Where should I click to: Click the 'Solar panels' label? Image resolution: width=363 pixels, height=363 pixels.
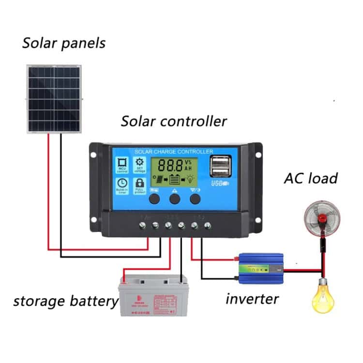(x=63, y=43)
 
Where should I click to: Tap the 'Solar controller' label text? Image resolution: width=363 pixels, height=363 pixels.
(x=173, y=121)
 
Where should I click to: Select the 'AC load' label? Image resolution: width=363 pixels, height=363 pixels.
(x=310, y=178)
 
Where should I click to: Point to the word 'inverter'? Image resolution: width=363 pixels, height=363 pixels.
(x=252, y=298)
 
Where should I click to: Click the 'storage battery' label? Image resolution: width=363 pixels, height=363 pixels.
(x=66, y=301)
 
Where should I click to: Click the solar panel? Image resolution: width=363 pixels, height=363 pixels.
(x=54, y=99)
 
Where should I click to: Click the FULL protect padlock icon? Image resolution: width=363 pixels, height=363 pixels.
(x=139, y=185)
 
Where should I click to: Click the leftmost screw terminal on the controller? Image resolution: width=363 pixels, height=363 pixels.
(x=143, y=225)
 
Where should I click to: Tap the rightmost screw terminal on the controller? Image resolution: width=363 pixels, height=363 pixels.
(x=208, y=225)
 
